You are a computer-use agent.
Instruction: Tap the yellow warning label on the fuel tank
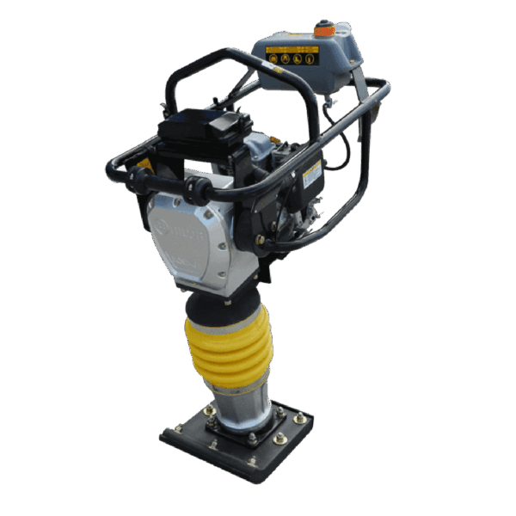coord(292,57)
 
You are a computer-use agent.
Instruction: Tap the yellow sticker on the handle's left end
coord(144,165)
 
